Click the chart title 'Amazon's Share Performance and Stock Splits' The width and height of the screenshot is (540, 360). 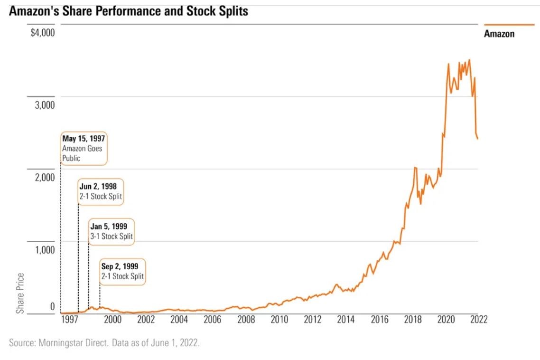[x=128, y=11]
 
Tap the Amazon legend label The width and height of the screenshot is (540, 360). [x=499, y=34]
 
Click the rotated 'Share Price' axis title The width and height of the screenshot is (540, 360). [x=20, y=293]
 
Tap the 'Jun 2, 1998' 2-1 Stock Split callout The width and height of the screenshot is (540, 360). [x=101, y=191]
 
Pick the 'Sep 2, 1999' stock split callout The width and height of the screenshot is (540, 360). [x=123, y=271]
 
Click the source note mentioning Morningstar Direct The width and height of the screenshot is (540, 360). [x=104, y=342]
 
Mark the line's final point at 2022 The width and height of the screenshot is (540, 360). [x=477, y=139]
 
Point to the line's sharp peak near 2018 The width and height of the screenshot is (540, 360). [x=415, y=167]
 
